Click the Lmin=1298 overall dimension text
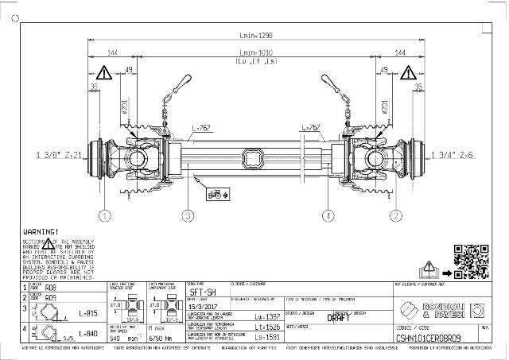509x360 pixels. [x=255, y=36]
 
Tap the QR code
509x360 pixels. [x=469, y=260]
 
